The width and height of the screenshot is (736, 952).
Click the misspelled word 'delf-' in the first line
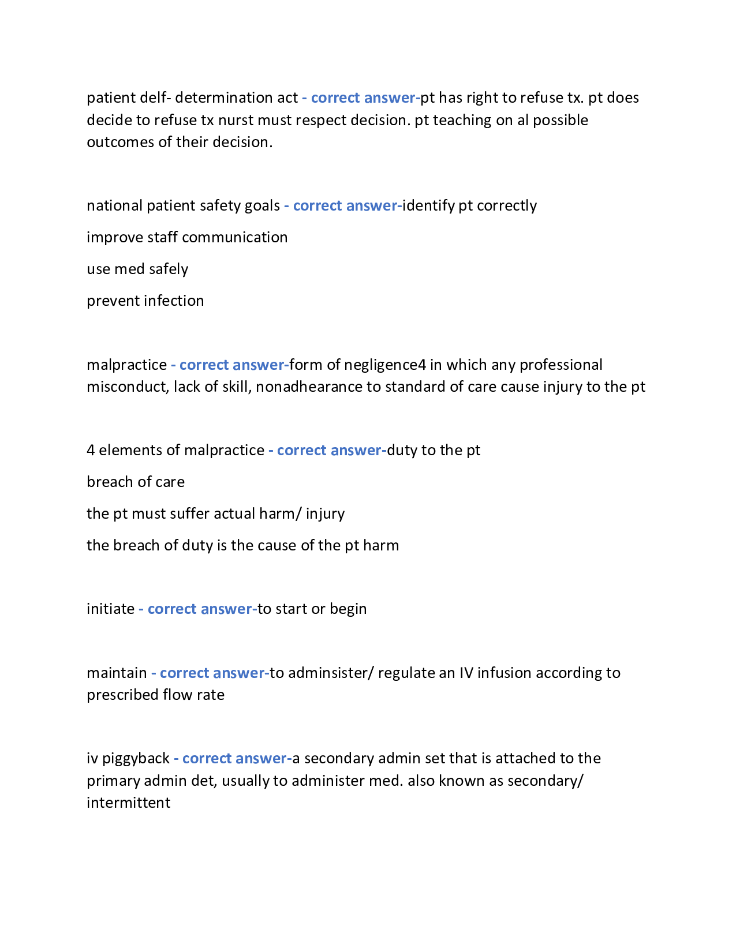pos(155,98)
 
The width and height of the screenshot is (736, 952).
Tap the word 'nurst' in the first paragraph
pos(236,120)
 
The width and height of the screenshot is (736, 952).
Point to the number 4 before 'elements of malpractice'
pos(91,450)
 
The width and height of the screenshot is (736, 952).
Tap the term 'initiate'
pos(110,609)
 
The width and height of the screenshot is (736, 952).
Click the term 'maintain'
pos(117,673)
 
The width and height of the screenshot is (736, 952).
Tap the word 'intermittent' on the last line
pos(128,803)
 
